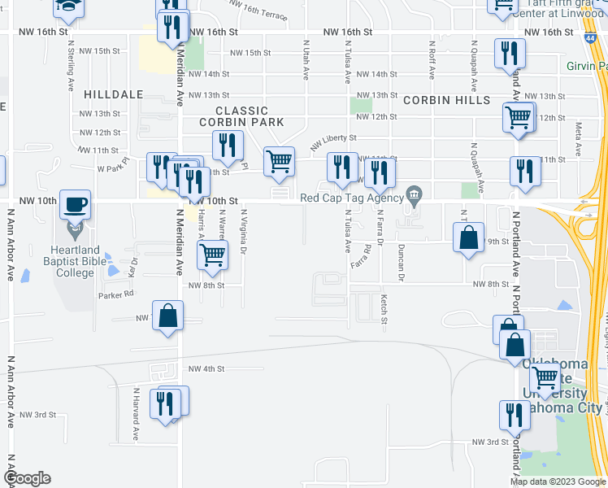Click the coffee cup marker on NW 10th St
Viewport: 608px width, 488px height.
tap(75, 205)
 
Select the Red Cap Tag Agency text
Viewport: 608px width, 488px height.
tap(351, 198)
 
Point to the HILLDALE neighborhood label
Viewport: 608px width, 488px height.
tap(113, 94)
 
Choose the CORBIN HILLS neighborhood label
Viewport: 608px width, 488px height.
tap(446, 100)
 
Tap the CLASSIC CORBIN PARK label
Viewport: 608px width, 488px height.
tap(242, 116)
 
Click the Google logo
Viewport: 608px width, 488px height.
tap(27, 478)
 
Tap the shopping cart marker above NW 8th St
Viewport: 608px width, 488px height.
tap(213, 255)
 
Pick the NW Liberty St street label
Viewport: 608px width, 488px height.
tap(333, 143)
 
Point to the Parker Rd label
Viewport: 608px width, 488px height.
tap(117, 295)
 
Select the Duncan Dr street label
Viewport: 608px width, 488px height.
tap(401, 259)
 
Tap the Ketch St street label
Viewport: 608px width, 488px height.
tap(384, 307)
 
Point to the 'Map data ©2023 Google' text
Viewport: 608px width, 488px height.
tap(557, 481)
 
